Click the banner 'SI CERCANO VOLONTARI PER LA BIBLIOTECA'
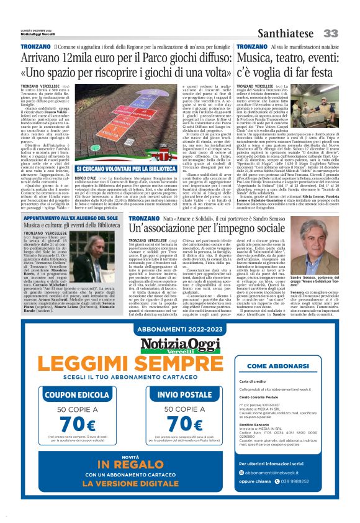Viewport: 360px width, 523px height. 126,168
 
